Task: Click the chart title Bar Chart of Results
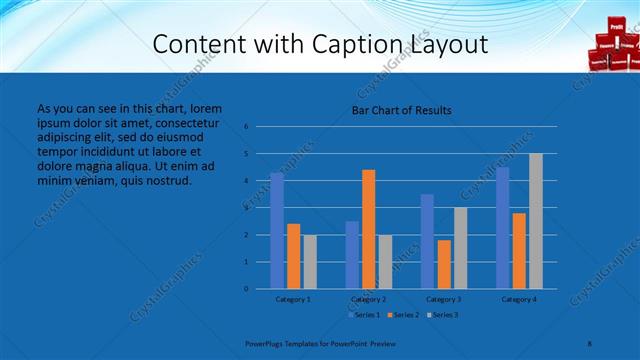pyautogui.click(x=401, y=110)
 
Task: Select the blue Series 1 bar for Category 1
pyautogui.click(x=277, y=230)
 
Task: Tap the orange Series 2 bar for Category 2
pyautogui.click(x=368, y=229)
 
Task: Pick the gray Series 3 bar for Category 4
pyautogui.click(x=536, y=221)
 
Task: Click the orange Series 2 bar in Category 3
pyautogui.click(x=444, y=264)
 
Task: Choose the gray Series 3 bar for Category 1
pyautogui.click(x=309, y=262)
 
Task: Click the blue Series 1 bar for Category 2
pyautogui.click(x=352, y=255)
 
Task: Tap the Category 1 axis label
pyautogui.click(x=293, y=299)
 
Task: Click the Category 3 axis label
pyautogui.click(x=444, y=299)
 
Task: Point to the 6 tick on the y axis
pyautogui.click(x=246, y=127)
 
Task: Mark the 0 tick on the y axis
pyautogui.click(x=246, y=289)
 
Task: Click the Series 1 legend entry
pyautogui.click(x=361, y=315)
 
